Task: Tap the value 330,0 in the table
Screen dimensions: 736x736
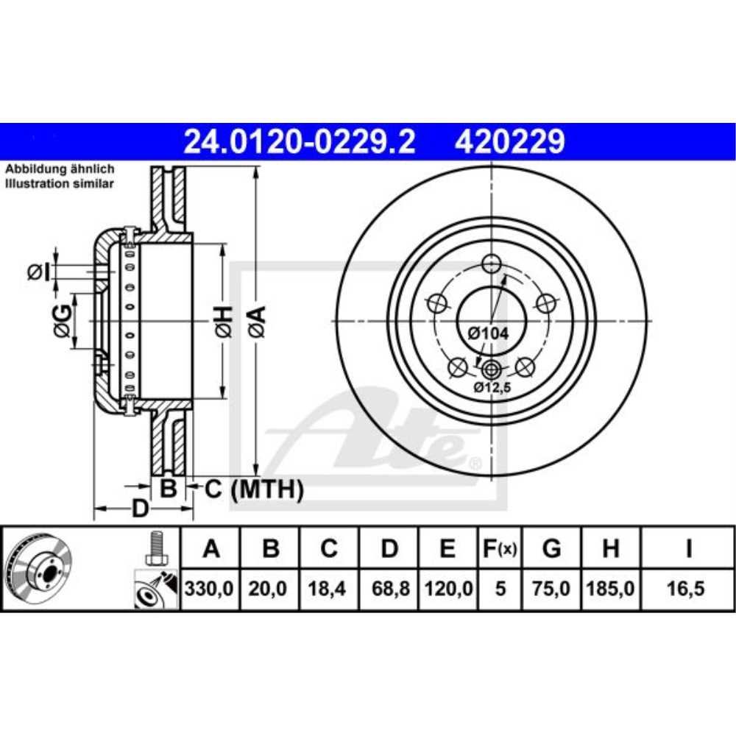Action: click(211, 590)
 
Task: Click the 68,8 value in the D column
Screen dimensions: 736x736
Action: click(389, 590)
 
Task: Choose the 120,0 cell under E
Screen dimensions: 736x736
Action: click(448, 590)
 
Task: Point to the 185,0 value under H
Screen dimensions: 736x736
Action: click(610, 590)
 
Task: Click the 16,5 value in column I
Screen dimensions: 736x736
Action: click(688, 590)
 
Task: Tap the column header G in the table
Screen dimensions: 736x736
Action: click(551, 548)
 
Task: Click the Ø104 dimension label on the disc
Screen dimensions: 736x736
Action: click(488, 333)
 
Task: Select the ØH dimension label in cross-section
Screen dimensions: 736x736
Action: click(224, 322)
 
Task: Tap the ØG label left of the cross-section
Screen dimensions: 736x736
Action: click(64, 321)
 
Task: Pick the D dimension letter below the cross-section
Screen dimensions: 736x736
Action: click(140, 509)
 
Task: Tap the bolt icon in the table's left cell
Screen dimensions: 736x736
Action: click(155, 548)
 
